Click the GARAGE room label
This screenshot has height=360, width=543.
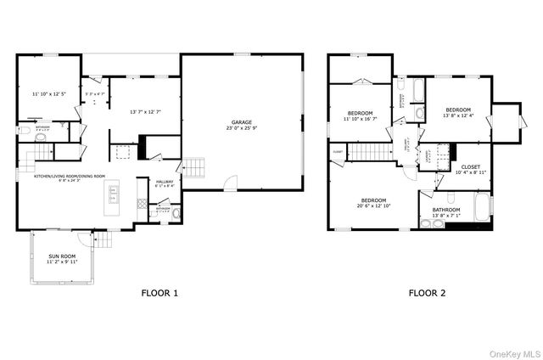pos(242,124)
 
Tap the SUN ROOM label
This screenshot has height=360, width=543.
pos(61,259)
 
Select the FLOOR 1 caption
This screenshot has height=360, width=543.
pos(160,294)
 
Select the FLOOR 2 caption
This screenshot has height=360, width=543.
pos(427,294)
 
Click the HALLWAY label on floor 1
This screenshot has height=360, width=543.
pos(165,183)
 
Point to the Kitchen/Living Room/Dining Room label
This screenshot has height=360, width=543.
pos(70,177)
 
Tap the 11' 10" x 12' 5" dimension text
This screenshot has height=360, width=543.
pos(48,93)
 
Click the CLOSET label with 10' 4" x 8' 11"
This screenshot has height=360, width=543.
pos(470,169)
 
